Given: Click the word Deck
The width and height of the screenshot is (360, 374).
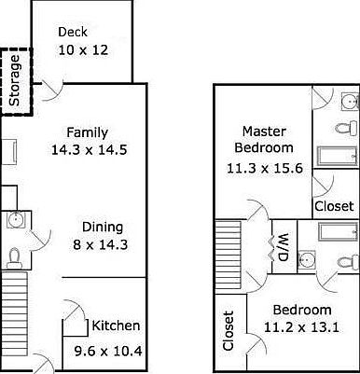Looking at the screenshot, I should coord(73,32).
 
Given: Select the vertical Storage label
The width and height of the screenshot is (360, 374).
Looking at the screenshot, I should coord(15,79).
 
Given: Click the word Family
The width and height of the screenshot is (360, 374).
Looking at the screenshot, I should coord(87,132).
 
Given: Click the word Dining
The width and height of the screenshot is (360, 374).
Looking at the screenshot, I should coord(103,227).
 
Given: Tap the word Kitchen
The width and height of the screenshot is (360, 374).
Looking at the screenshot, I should coord(116,326).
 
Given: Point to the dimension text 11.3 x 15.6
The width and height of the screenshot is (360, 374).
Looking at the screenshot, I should coord(264,168).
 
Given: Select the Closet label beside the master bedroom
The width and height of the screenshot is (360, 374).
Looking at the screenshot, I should coord(333,206).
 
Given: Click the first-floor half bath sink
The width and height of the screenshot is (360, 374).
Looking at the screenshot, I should coord(18,220).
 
